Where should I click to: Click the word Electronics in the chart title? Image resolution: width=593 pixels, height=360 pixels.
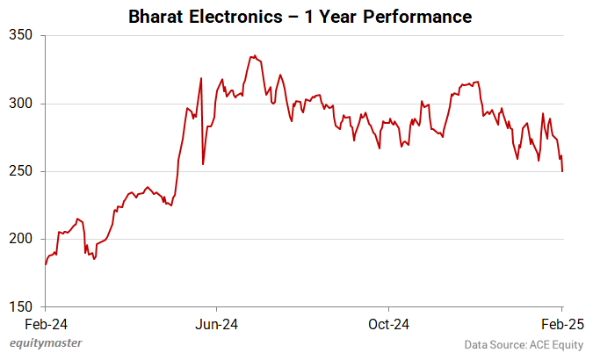coord(233,17)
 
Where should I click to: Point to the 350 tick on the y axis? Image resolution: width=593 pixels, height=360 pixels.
coord(20,36)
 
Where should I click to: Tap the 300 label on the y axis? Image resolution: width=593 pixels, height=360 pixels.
coord(20,104)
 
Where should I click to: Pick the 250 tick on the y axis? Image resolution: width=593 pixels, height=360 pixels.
coord(20,171)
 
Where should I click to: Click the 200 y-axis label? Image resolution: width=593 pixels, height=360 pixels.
coord(20,239)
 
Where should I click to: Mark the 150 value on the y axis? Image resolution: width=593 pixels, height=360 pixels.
coord(20,306)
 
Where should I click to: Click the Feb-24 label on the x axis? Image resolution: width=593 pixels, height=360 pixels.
coord(46,322)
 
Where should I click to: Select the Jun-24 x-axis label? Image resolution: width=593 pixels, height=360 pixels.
coord(217,322)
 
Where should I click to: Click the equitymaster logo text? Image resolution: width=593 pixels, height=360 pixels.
coord(52,344)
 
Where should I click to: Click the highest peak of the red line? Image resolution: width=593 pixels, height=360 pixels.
coord(252,56)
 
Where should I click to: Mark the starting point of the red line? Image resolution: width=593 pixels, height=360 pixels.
coord(46,263)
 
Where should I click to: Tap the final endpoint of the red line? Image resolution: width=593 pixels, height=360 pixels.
coord(562,171)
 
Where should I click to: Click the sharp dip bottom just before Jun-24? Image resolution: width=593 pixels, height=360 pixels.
coord(203,164)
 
